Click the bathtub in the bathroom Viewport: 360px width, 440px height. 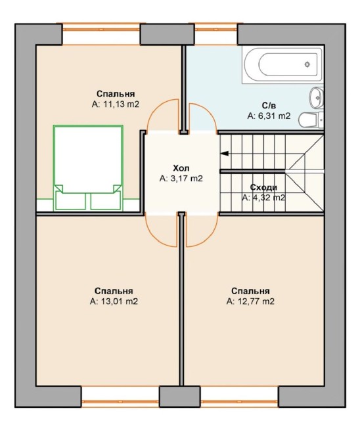tap(282, 64)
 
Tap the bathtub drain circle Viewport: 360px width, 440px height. tap(307, 64)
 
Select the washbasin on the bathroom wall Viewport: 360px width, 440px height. tap(317, 97)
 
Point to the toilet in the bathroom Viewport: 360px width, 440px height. tap(311, 120)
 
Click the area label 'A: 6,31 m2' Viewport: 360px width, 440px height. tap(269, 116)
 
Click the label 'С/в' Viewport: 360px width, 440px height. tap(269, 106)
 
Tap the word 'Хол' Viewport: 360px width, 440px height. tap(181, 168)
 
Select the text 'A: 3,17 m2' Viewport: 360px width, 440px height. tap(181, 179)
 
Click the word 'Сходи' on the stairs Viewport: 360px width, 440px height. tap(263, 187)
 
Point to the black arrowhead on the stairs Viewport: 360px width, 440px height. tap(225, 154)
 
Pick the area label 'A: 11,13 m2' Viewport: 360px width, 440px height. tap(116, 104)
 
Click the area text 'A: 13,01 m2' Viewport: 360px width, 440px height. tap(114, 301)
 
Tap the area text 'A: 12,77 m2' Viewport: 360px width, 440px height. tap(250, 301)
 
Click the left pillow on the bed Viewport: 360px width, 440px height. tap(70, 201)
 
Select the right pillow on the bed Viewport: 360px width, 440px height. tap(105, 201)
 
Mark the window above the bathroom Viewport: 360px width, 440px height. tap(216, 34)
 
